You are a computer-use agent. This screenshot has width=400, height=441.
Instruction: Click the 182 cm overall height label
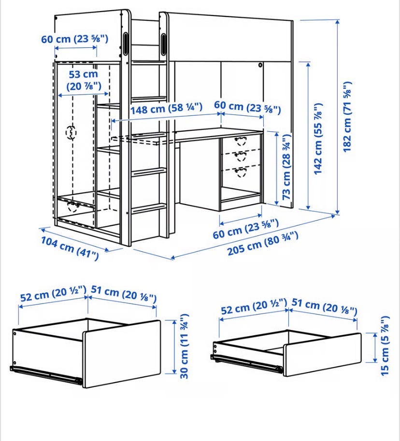pyautogui.click(x=347, y=117)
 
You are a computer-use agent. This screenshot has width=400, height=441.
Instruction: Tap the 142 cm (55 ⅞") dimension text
pyautogui.click(x=318, y=139)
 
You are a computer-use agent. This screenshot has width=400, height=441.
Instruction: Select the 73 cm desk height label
pyautogui.click(x=286, y=167)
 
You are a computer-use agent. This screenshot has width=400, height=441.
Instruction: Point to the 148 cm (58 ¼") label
pyautogui.click(x=166, y=108)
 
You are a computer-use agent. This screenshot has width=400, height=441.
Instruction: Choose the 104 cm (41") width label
pyautogui.click(x=70, y=248)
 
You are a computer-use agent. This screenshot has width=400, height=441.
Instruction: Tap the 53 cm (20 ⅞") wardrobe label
pyautogui.click(x=84, y=80)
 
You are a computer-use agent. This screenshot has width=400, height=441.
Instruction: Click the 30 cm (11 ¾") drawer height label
pyautogui.click(x=184, y=346)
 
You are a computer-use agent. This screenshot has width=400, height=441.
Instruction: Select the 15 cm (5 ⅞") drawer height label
pyautogui.click(x=385, y=345)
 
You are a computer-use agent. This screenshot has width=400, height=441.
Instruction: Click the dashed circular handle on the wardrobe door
pyautogui.click(x=71, y=133)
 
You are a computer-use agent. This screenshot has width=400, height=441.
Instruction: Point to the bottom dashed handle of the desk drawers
pyautogui.click(x=241, y=172)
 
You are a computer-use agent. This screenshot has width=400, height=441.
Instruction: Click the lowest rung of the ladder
pyautogui.click(x=149, y=209)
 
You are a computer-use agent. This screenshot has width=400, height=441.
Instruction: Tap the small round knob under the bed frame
pyautogui.click(x=260, y=65)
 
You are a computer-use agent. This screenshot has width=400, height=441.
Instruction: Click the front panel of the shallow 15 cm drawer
pyautogui.click(x=322, y=355)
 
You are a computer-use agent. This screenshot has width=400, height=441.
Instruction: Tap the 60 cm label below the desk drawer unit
pyautogui.click(x=245, y=228)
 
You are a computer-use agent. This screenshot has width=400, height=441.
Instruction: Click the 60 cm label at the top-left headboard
pyautogui.click(x=75, y=39)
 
